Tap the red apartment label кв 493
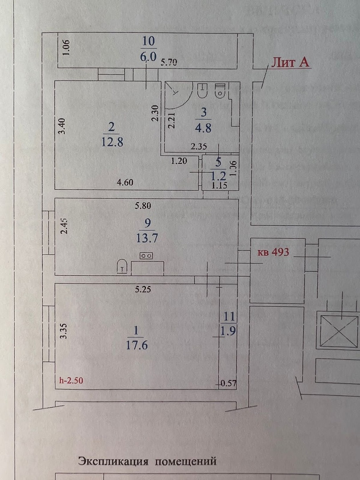tap(273, 252)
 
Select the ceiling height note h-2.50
tap(71, 380)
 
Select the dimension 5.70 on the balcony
tap(169, 63)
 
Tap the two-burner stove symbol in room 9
tap(146, 256)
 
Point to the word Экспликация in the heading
tap(112, 461)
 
